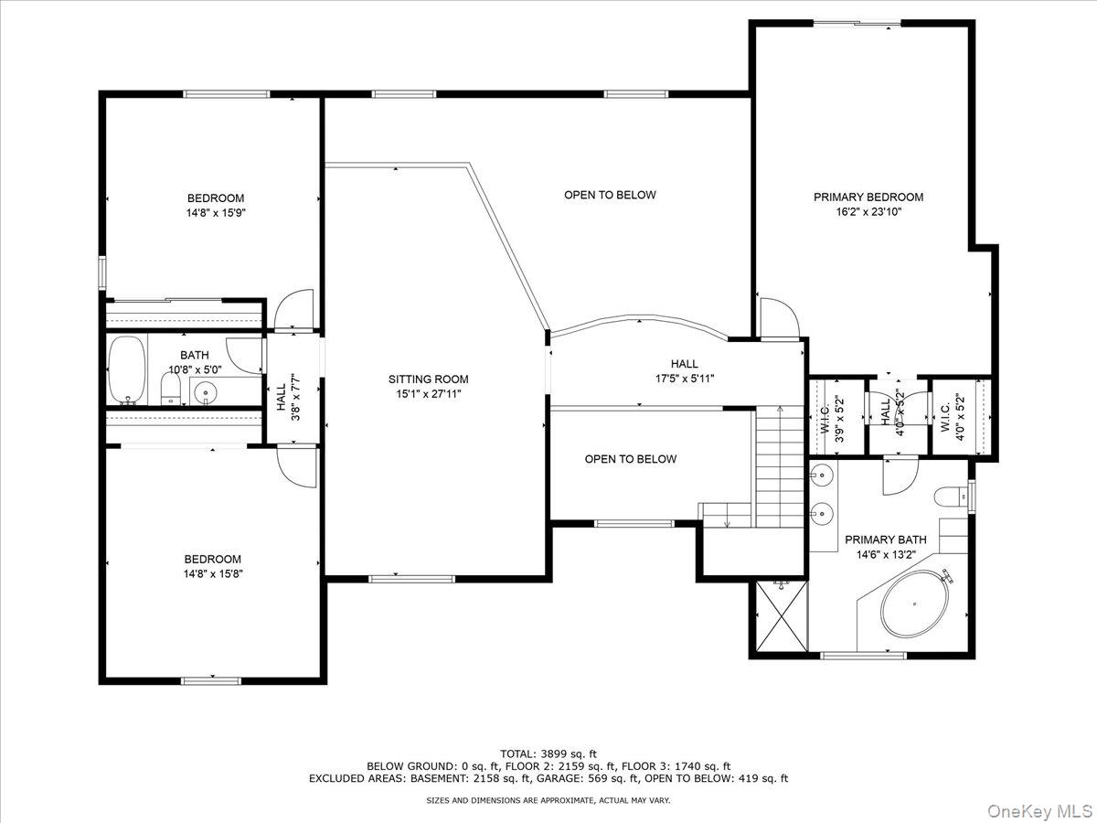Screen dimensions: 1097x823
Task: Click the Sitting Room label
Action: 429,379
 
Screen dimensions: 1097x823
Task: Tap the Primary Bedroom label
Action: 868,197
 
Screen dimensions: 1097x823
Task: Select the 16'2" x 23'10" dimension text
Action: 868,212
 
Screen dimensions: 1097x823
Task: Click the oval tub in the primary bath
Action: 914,604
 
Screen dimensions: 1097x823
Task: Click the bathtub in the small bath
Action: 127,369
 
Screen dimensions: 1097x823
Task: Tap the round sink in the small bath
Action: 205,391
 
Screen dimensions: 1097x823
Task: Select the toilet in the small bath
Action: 171,389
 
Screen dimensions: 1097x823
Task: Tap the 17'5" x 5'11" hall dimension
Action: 685,379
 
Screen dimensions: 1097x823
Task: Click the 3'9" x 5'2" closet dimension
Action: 839,419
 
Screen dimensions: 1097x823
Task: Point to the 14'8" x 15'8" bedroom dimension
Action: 213,573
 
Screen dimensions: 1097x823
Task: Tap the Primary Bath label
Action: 886,540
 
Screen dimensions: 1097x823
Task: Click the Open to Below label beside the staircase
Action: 631,459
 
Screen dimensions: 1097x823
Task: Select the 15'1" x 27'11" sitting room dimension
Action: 429,394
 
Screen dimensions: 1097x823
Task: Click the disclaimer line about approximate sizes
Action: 548,800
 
